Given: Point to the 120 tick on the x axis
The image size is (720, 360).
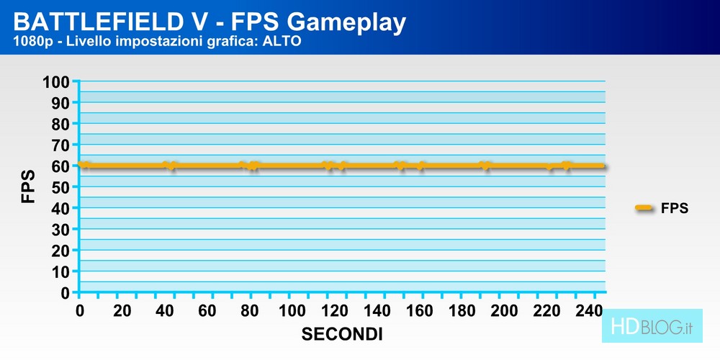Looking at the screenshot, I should [x=335, y=311].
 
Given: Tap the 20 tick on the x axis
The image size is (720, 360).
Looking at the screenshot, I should [x=122, y=311].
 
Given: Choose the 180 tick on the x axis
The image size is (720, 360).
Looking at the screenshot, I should [x=462, y=311].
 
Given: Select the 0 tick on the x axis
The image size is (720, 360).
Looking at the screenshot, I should [x=80, y=311].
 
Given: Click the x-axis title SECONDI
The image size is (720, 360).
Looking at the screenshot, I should [x=341, y=335].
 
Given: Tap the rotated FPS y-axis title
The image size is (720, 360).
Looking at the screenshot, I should [x=29, y=186].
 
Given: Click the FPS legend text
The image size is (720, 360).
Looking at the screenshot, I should [x=675, y=209].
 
